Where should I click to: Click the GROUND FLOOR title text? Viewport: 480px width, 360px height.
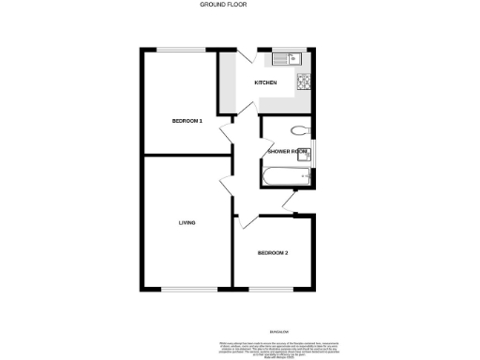pyautogui.click(x=222, y=5)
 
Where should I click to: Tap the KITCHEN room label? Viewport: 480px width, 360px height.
pyautogui.click(x=265, y=83)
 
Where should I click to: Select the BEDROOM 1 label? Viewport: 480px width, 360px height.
pyautogui.click(x=187, y=120)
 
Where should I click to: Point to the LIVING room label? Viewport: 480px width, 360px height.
pyautogui.click(x=187, y=222)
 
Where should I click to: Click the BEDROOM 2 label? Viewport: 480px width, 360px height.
pyautogui.click(x=273, y=253)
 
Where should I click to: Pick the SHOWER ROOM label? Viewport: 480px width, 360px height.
pyautogui.click(x=287, y=151)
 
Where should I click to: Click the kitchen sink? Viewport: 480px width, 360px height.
pyautogui.click(x=285, y=60)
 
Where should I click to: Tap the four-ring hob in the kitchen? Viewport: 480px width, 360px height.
pyautogui.click(x=305, y=82)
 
